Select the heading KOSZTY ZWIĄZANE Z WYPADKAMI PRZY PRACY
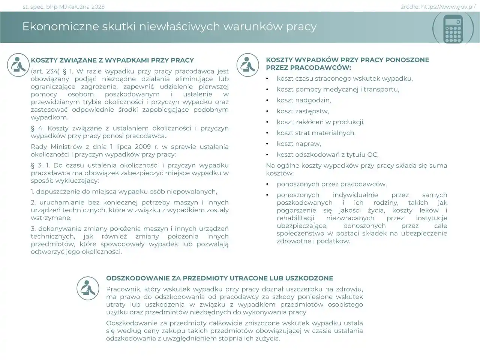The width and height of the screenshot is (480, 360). tap(112, 60)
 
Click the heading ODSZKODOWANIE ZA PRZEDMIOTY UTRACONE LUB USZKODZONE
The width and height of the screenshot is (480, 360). tap(219, 278)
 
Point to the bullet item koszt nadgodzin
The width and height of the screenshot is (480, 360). tap(304, 100)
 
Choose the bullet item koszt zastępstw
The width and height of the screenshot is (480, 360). tap(303, 111)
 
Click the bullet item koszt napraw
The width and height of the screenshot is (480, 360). tap(298, 144)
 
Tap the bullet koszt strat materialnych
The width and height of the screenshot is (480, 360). tap(316, 133)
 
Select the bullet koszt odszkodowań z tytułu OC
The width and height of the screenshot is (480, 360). tap(327, 154)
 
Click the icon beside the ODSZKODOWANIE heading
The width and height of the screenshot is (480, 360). tap(88, 288)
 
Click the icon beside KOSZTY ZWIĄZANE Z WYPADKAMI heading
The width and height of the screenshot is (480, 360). tap(18, 65)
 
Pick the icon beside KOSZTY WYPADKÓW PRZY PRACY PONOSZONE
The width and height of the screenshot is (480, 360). tap(247, 65)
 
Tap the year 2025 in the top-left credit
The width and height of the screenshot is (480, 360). tap(98, 7)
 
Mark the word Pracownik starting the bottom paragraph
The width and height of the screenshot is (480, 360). tap(122, 289)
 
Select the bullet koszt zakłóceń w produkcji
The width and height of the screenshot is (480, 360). tap(320, 122)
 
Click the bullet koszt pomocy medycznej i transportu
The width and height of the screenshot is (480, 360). tap(337, 89)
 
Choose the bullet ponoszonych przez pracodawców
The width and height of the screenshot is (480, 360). tap(331, 184)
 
